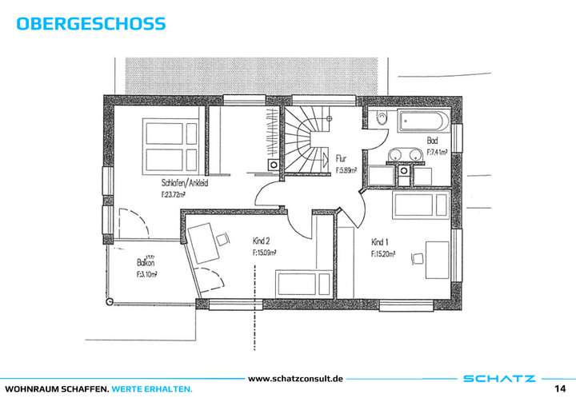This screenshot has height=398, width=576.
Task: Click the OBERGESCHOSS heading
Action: coord(90,23)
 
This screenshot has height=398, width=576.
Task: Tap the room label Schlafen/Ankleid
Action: coord(185,183)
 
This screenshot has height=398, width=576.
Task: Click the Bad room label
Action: coord(433,140)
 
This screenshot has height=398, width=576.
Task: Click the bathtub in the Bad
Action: coord(422,122)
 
